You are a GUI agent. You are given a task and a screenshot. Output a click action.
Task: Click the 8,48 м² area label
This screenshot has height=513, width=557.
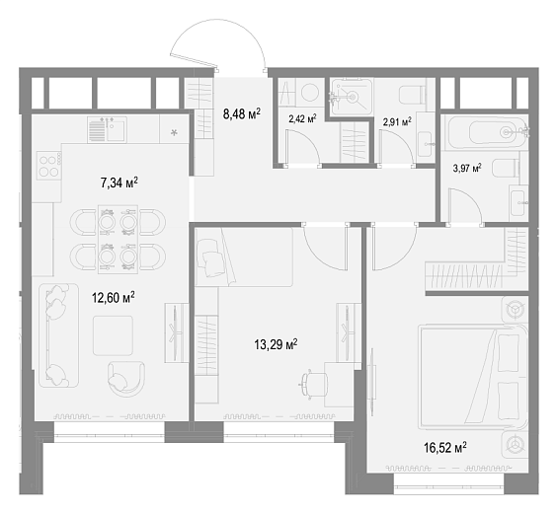242,114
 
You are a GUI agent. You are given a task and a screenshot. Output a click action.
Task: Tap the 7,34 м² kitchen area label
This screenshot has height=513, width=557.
119,183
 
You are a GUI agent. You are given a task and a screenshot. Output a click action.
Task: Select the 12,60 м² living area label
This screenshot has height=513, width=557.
114,297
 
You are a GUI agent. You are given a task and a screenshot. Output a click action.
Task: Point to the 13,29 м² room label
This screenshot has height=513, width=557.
276,344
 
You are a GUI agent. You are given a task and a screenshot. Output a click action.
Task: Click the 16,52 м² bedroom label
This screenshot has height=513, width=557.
445,447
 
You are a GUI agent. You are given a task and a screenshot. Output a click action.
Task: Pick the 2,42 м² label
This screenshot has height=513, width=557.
302,118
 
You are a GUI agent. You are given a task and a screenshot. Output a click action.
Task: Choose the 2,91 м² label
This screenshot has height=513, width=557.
397,122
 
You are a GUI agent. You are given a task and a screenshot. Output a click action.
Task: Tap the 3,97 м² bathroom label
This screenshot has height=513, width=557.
467,168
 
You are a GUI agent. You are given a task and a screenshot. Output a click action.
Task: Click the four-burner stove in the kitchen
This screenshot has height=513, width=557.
49,166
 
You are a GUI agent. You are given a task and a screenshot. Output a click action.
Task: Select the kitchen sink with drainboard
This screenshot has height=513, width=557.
107,129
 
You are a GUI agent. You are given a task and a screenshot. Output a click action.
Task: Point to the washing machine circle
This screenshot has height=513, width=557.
310,92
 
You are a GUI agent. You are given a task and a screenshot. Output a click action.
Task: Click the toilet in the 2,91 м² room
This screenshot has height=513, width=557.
413,95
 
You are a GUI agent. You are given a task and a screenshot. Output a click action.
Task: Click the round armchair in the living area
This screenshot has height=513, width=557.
126,379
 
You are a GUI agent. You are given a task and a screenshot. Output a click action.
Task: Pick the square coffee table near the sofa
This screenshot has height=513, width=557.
113,335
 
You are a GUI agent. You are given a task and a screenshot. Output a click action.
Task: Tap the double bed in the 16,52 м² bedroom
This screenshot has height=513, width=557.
473,377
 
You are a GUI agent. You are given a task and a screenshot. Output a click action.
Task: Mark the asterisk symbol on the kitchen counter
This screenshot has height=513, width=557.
174,133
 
